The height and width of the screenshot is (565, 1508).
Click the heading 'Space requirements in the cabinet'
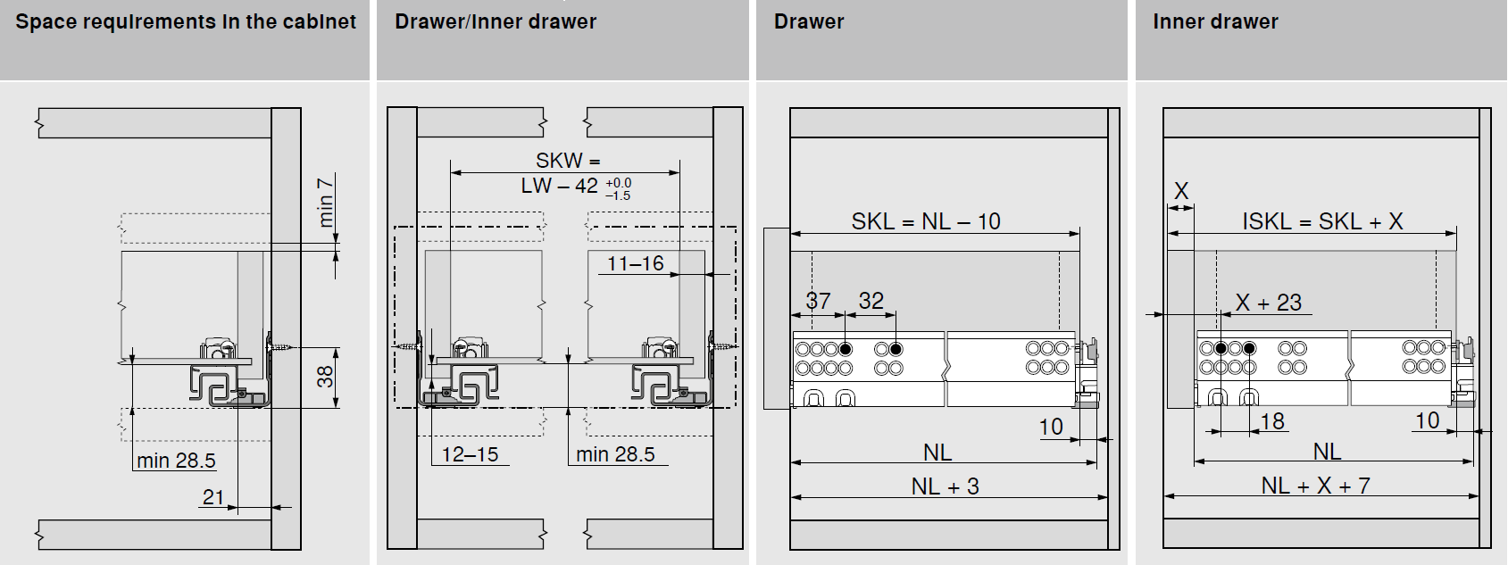point(186,21)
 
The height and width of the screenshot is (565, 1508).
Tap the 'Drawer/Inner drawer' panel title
point(496,21)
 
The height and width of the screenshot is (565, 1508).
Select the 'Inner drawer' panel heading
point(1215,21)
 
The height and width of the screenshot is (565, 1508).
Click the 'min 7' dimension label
point(325,203)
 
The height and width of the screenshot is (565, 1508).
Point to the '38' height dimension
point(325,377)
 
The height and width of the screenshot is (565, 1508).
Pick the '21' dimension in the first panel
point(213,497)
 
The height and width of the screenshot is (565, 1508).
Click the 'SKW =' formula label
point(568,161)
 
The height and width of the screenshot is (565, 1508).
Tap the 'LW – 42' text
point(560,186)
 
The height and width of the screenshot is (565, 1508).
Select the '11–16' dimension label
point(636,263)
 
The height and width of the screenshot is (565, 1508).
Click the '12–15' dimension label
point(470,454)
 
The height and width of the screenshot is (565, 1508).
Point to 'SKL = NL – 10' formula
point(926,221)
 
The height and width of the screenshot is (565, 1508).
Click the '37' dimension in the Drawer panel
point(818,301)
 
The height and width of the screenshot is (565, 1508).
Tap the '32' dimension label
point(871,301)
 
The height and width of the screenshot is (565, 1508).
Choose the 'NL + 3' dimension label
point(946,486)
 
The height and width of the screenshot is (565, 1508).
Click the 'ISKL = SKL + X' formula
point(1322,221)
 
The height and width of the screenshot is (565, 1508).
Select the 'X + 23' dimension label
point(1269,303)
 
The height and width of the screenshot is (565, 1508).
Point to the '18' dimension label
point(1272,421)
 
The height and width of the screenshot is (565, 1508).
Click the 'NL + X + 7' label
point(1315,486)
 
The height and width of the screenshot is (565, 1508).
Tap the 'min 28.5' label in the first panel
point(176,461)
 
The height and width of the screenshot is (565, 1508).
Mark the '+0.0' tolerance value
point(618,183)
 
